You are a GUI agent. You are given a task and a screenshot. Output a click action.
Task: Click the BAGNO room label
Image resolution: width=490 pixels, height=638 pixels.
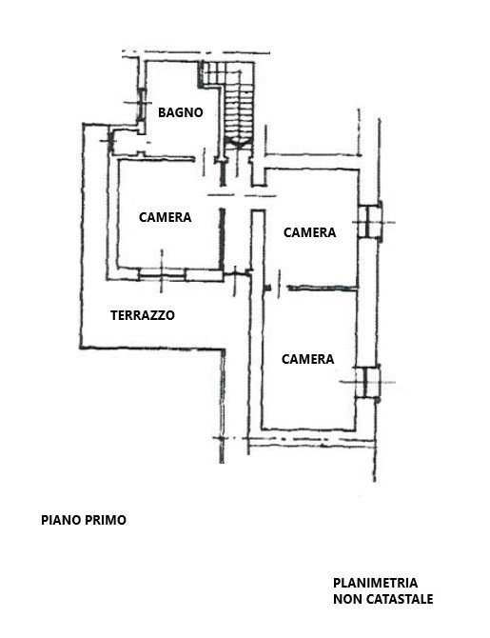click(180, 112)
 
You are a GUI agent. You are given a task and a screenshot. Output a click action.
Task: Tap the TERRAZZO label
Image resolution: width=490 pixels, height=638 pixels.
click(143, 315)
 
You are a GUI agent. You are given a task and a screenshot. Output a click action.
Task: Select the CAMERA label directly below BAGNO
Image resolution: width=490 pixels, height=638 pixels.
click(166, 217)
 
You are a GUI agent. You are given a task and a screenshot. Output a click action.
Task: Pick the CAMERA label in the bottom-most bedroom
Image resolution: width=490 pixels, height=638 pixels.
click(308, 359)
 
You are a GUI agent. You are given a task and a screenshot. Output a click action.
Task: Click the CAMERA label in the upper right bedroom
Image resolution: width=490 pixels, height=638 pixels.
click(309, 232)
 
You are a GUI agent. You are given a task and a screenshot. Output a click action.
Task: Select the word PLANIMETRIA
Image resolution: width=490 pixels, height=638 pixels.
click(375, 583)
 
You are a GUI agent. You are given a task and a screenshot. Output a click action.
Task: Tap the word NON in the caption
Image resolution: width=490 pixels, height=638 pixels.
click(347, 599)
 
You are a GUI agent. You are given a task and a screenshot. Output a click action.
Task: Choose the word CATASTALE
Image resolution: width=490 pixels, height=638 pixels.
click(400, 599)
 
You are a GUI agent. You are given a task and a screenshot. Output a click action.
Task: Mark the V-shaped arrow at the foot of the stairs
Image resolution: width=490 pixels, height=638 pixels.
click(239, 142)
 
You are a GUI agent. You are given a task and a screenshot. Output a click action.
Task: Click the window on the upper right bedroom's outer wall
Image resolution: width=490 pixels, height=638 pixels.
click(369, 222)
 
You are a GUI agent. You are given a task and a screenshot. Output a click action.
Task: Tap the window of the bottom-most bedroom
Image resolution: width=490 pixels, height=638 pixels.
click(367, 383)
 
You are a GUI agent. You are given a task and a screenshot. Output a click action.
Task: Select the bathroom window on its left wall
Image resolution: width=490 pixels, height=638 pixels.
click(141, 104)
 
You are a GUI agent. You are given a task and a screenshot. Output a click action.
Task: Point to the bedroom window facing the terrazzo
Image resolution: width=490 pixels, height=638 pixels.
click(162, 274)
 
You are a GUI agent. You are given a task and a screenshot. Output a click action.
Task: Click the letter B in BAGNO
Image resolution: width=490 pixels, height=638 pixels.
click(162, 112)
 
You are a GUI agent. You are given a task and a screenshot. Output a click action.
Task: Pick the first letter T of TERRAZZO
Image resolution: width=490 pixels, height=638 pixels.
click(114, 315)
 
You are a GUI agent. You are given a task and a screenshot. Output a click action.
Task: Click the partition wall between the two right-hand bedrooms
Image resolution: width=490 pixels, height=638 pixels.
click(323, 288)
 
